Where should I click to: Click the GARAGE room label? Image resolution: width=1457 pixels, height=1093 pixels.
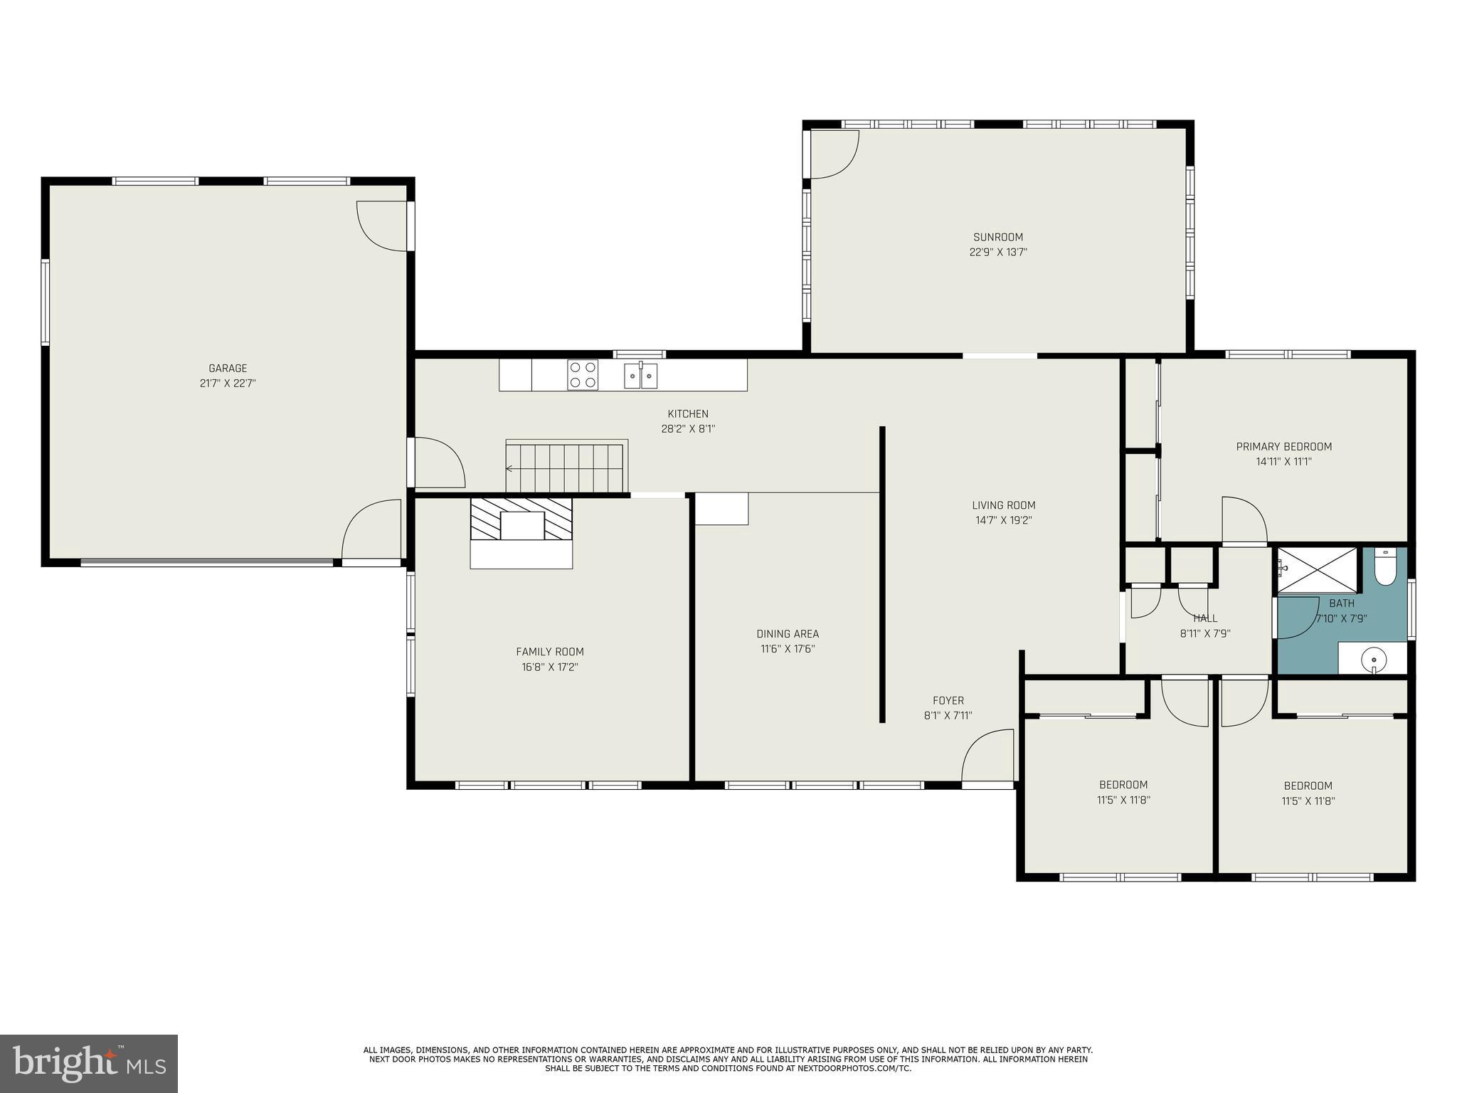pos(228,368)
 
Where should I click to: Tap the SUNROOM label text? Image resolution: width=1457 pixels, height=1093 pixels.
pos(998,237)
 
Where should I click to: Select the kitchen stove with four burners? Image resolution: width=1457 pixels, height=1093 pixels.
pos(583,375)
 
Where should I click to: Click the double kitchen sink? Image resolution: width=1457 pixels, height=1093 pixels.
pos(641,375)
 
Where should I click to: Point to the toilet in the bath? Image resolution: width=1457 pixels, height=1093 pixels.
pos(1385,566)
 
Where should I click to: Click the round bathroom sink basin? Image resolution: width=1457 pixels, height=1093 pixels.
pos(1374,660)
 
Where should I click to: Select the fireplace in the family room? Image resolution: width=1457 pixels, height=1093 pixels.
pos(521,532)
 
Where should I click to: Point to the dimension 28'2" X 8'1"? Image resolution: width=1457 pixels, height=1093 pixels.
pos(688,429)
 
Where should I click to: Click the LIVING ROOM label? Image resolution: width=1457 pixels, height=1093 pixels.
pos(1004,505)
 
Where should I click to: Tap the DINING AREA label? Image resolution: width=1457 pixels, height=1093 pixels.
pos(788,633)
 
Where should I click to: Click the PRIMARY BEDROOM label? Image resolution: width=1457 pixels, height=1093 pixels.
pos(1284,447)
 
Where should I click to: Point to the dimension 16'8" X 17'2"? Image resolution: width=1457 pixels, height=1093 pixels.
pos(550,667)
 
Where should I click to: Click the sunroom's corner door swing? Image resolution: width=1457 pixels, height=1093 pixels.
pos(835,154)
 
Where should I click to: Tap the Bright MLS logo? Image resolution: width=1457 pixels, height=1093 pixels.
pos(89,1063)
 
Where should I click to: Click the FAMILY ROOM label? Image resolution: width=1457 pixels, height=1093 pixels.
pos(550,652)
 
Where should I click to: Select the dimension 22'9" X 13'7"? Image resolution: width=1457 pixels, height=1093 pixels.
pos(998,252)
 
